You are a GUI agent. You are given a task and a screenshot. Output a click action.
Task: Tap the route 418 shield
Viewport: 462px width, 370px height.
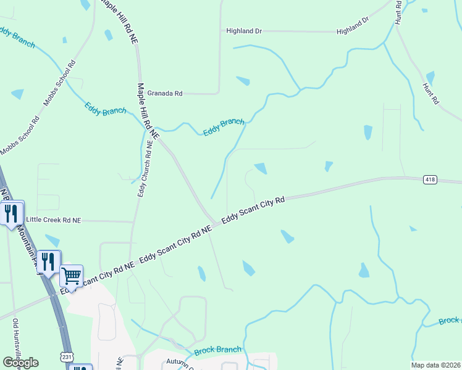tap(430, 179)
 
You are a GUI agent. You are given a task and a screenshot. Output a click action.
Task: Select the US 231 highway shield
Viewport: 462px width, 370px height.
tap(66, 357)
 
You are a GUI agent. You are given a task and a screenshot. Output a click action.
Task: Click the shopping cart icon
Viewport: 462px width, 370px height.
tap(72, 276)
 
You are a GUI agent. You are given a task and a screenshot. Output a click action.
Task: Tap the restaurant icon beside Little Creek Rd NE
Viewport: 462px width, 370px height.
tap(11, 213)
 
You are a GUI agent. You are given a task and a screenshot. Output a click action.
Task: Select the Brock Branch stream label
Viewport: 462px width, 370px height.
tap(217, 350)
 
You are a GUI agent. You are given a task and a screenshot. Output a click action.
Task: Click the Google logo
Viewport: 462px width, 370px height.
tap(20, 363)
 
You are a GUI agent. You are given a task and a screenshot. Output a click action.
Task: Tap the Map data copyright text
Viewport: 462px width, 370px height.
tap(435, 365)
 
